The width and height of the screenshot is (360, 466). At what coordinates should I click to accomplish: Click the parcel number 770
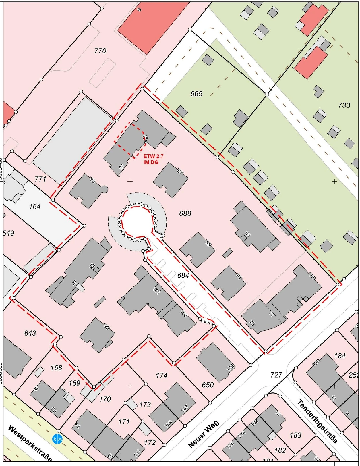point(100,51)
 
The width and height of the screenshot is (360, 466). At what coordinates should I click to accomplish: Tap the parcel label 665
point(196,94)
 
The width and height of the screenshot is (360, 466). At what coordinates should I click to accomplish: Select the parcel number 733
point(344,105)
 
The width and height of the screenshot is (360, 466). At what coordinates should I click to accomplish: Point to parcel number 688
point(185,214)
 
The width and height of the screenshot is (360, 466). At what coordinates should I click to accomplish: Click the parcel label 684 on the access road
point(183,275)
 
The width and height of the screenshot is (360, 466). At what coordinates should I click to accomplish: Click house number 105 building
point(215,362)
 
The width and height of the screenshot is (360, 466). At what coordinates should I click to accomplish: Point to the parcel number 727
point(276,375)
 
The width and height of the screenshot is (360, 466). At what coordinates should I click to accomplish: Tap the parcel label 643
point(30,333)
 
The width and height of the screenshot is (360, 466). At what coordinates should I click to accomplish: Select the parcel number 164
point(35,207)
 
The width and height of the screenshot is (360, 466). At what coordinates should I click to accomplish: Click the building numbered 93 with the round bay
point(87,190)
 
